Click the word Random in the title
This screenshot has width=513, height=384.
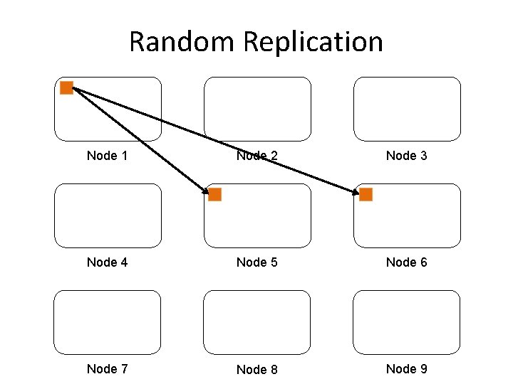[182, 41]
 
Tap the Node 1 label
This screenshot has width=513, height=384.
[107, 156]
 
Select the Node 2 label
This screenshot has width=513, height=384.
[256, 156]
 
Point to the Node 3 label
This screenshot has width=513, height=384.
[406, 156]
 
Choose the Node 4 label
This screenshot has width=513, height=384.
[107, 262]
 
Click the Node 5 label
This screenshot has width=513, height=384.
[256, 262]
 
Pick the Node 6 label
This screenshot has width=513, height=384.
[406, 262]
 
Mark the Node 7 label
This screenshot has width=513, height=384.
[107, 368]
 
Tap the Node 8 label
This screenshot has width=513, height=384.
[256, 369]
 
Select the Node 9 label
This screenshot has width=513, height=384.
[406, 368]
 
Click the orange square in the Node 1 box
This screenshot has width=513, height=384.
[66, 88]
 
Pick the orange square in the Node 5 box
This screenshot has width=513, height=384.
[214, 194]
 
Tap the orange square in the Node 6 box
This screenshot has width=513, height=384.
[366, 194]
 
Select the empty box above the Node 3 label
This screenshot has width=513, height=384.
[407, 109]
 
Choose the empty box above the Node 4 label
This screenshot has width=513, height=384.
[108, 215]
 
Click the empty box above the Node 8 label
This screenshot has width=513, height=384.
[256, 322]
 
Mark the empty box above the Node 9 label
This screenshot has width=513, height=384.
[407, 322]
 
